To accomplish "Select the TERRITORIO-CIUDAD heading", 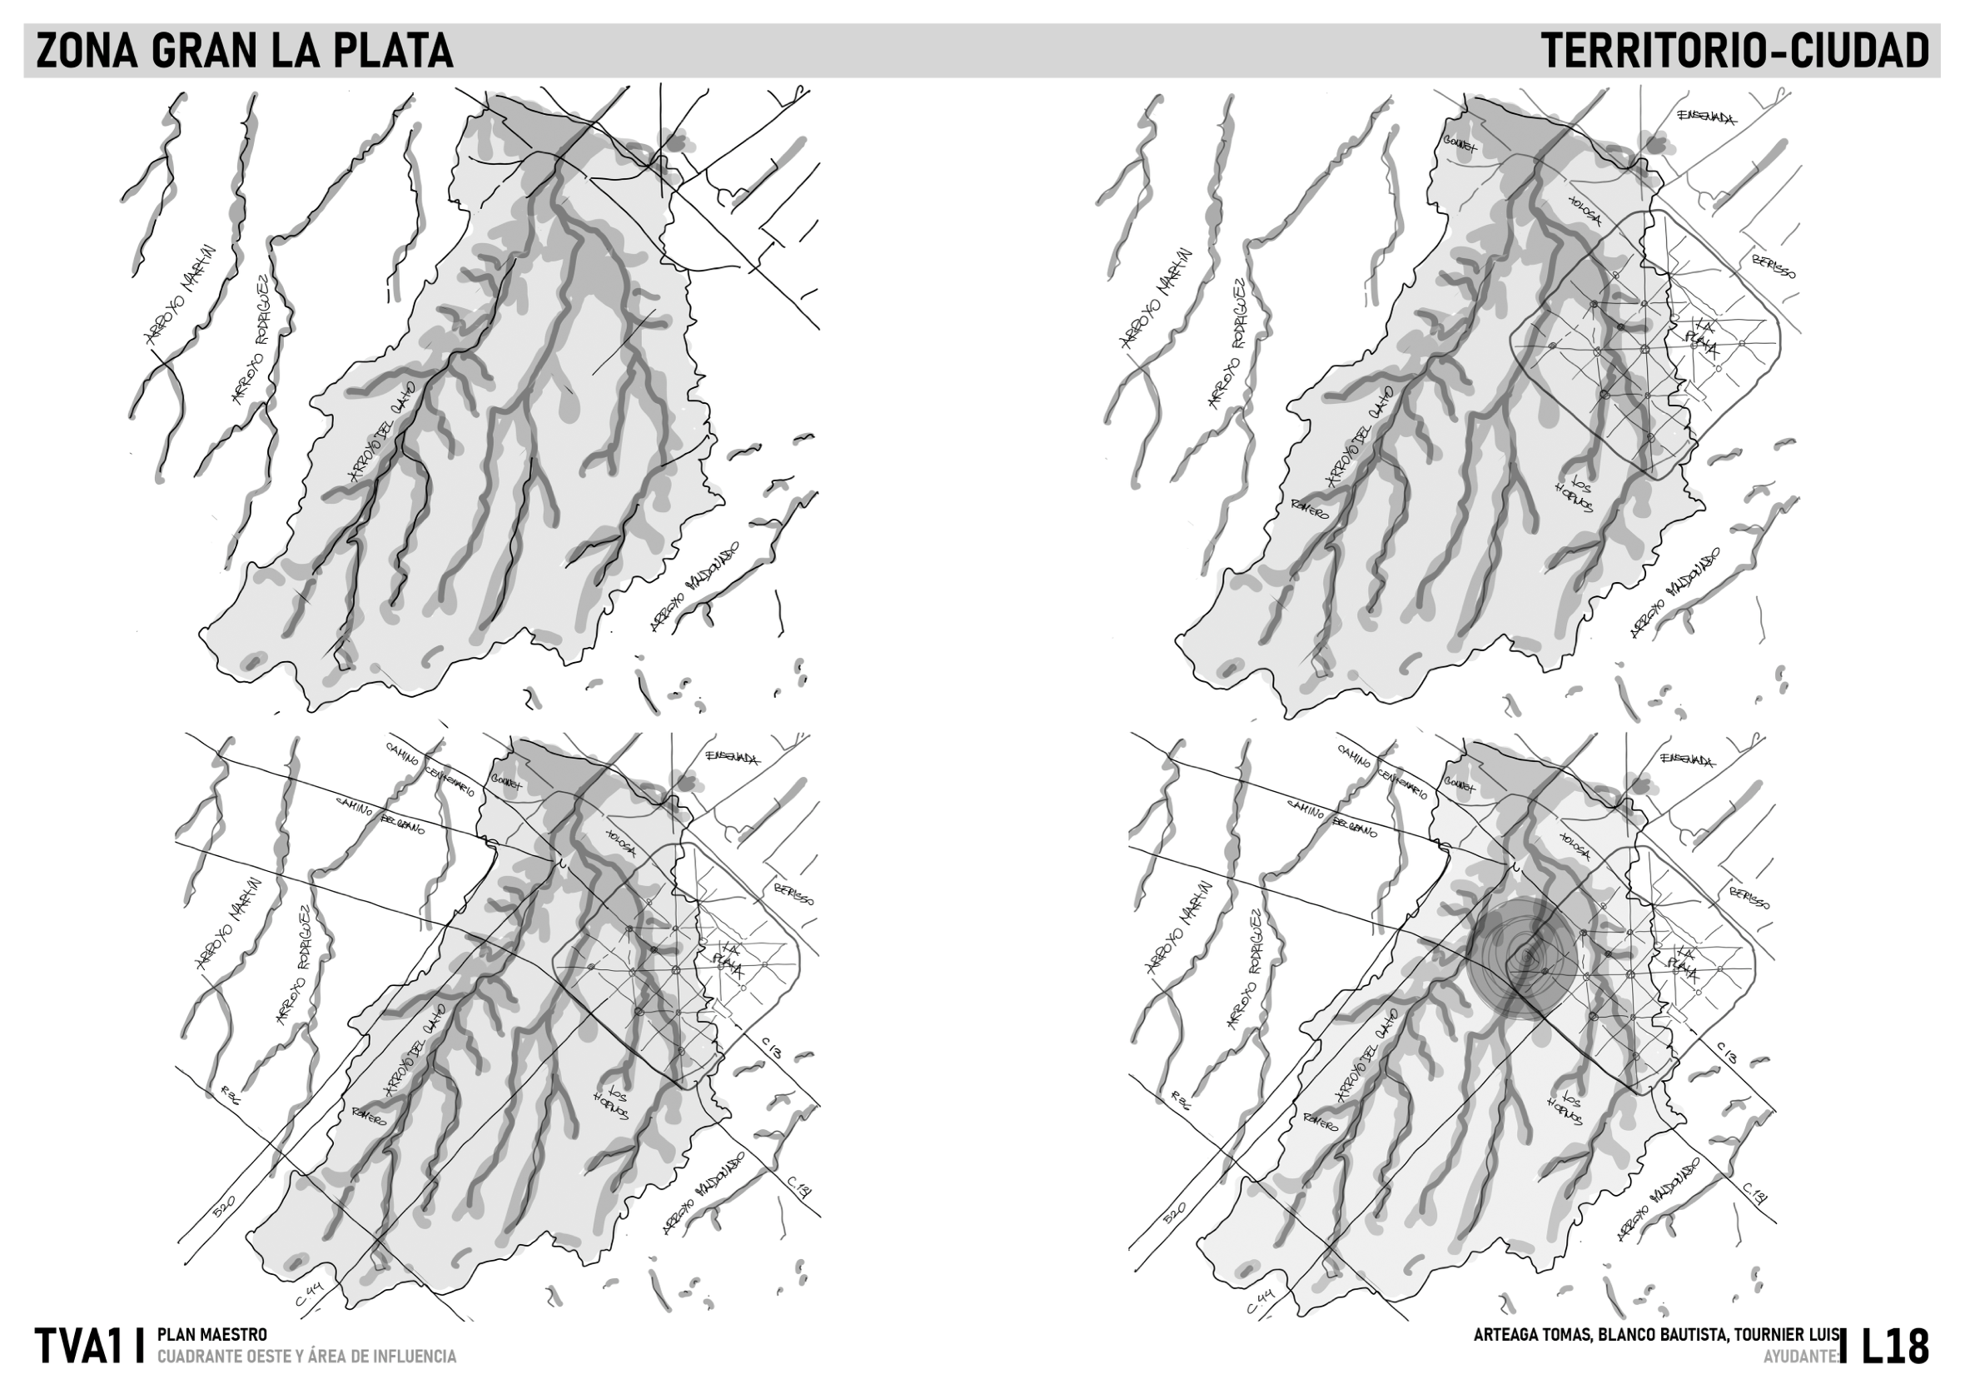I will click(1735, 52).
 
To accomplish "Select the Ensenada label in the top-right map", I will click(1707, 117).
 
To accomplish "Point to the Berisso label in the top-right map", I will click(1774, 266).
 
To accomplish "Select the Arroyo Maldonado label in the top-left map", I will click(694, 586).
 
